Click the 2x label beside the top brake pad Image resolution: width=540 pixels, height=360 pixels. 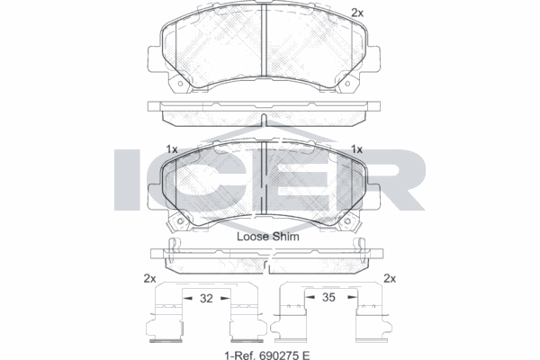tap(357, 13)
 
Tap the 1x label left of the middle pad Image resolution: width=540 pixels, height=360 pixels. tap(172, 149)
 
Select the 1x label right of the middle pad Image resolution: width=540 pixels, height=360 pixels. tap(356, 149)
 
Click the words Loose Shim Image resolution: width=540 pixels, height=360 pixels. tap(268, 237)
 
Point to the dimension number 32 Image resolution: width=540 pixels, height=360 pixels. tap(206, 298)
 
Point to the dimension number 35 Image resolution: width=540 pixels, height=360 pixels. tap(328, 297)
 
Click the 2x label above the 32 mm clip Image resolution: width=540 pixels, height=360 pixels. tap(149, 278)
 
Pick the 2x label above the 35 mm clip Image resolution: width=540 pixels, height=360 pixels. tap(390, 278)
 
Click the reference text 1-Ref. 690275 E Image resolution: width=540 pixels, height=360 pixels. tap(267, 355)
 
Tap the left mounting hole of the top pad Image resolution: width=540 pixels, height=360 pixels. tap(179, 84)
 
